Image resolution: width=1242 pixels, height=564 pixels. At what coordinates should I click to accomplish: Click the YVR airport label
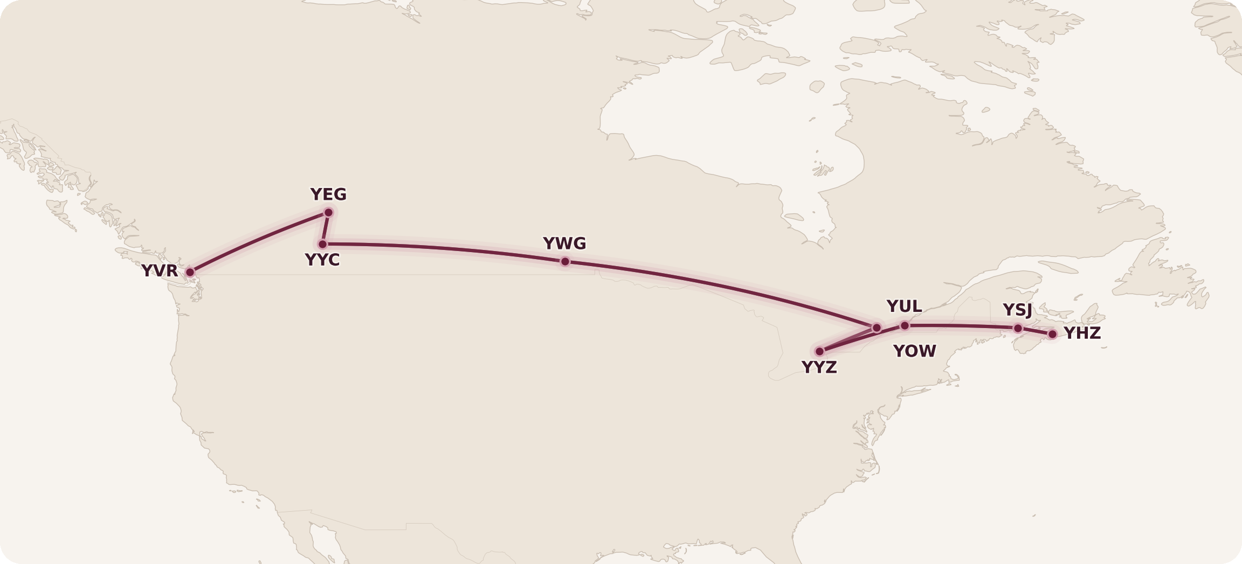pos(160,271)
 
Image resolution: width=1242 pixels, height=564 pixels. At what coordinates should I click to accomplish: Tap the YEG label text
pos(328,194)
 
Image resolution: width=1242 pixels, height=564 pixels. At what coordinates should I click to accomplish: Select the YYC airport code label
pos(322,260)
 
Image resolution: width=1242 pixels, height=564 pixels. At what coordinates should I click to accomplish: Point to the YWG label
pos(564,244)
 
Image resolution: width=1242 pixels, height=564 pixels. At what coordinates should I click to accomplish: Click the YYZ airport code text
pos(819,367)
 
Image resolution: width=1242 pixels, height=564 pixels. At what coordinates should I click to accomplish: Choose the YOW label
pos(915,351)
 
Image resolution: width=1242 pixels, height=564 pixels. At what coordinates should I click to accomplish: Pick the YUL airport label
pos(904,307)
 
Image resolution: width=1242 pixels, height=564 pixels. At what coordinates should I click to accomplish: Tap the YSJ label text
pos(1017,310)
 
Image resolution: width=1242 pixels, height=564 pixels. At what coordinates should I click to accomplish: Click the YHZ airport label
pos(1082,333)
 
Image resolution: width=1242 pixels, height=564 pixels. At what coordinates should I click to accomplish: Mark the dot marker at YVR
pos(190,273)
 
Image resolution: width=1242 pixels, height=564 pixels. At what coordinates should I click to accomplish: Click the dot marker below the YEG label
pos(328,213)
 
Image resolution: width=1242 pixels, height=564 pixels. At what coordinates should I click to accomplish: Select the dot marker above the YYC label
pos(323,245)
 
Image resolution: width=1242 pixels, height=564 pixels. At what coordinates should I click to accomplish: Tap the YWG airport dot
pos(565,262)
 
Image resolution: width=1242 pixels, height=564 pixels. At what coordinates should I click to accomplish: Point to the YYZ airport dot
pos(819,352)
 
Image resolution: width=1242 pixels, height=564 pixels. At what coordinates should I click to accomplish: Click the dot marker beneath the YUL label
pos(905,326)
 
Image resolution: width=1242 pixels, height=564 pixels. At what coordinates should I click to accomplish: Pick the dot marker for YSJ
pos(1018,329)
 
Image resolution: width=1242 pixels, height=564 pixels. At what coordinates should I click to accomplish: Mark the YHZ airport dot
pos(1052,335)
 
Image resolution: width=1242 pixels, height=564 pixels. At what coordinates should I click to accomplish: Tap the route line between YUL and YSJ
pos(960,326)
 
